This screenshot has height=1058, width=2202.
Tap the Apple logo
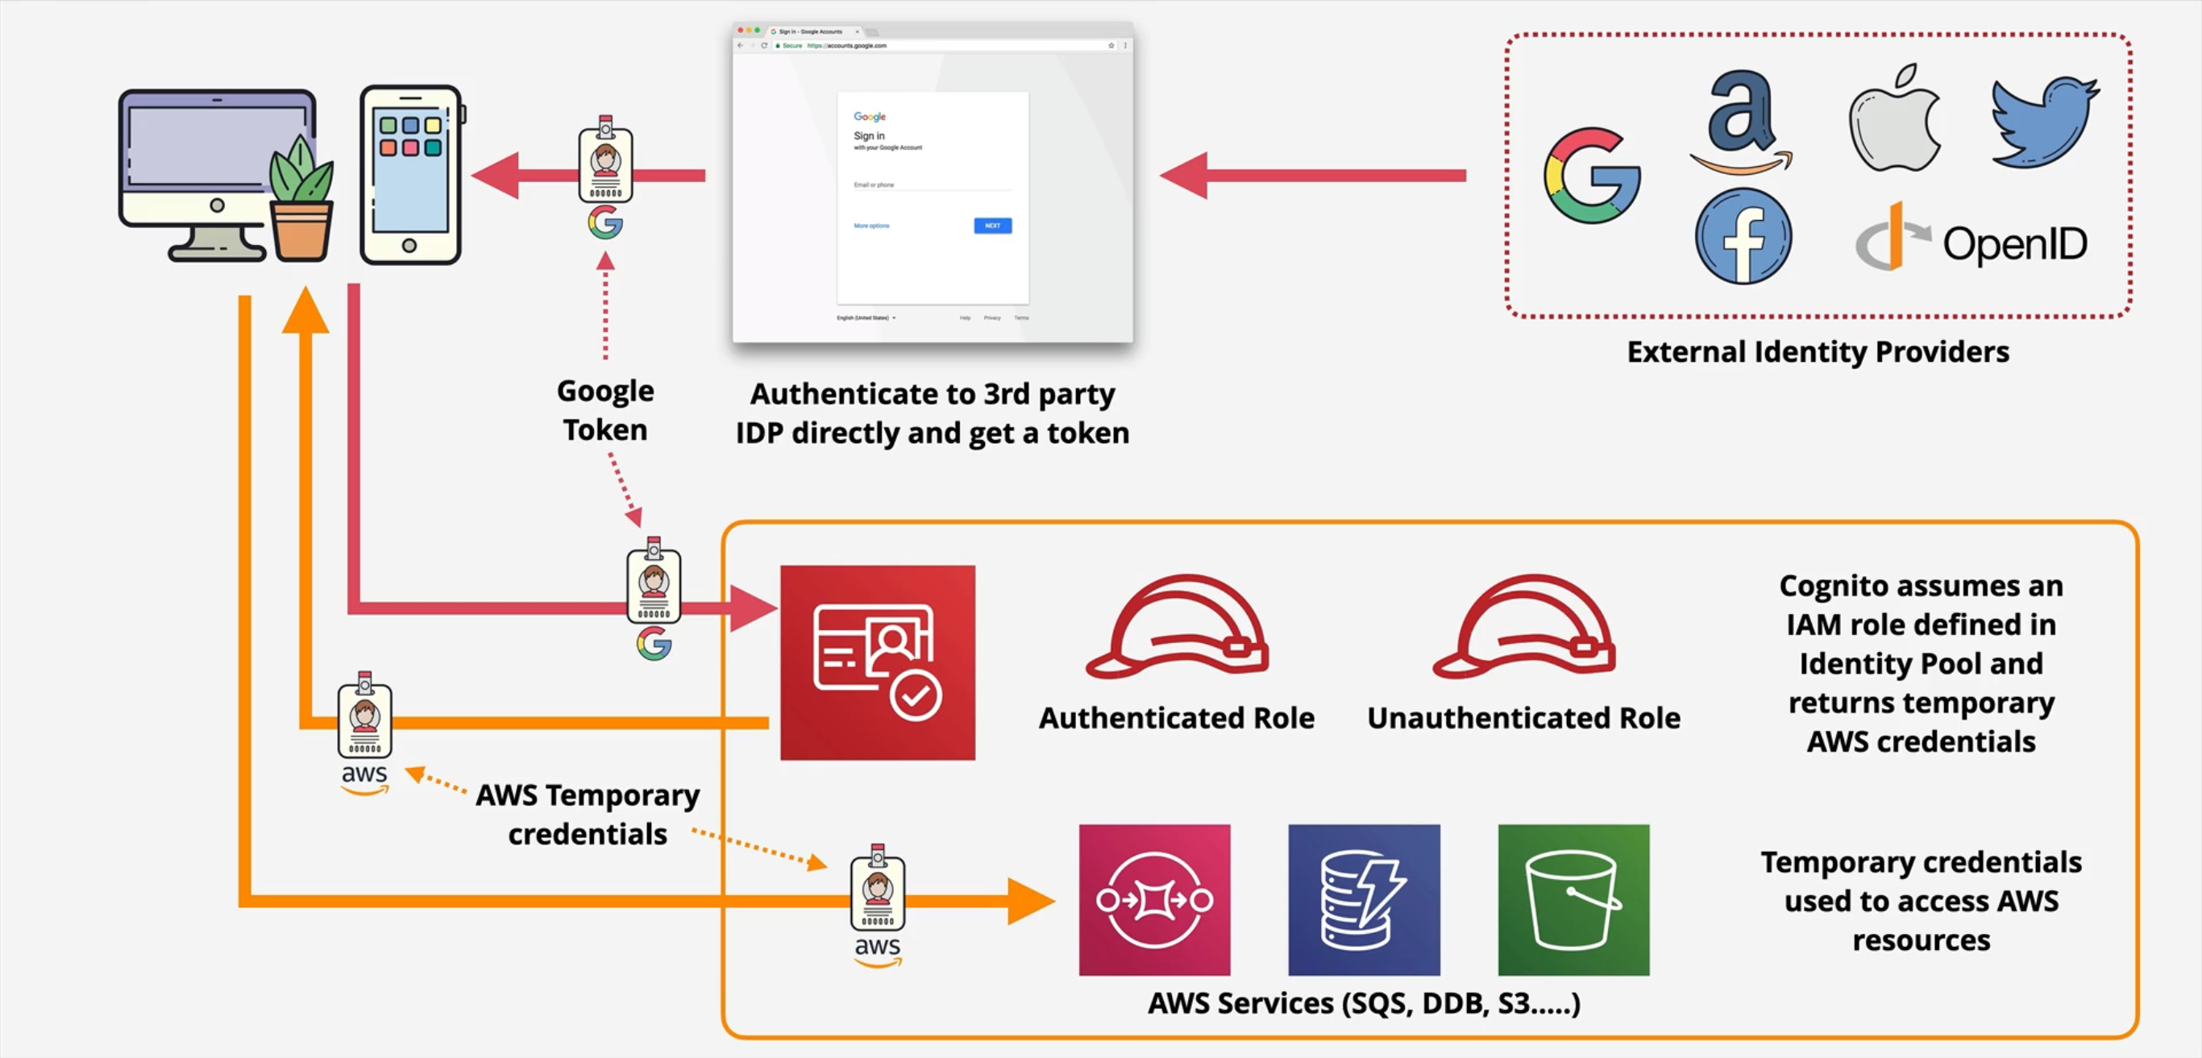click(1895, 119)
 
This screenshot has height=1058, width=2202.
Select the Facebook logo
click(1743, 237)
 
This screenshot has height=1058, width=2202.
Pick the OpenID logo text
click(2014, 244)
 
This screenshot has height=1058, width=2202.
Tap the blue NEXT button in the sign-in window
click(991, 226)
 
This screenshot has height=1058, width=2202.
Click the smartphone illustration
click(411, 175)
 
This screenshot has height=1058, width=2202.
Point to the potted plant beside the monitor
click(301, 201)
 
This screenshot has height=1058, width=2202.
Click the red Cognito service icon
click(877, 662)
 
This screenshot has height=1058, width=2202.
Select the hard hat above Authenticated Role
click(1177, 629)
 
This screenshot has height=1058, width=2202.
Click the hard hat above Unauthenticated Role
click(1524, 629)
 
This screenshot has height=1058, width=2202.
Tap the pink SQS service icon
click(1154, 899)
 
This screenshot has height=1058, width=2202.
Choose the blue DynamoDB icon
click(1364, 899)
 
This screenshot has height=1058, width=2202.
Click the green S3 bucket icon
click(1573, 899)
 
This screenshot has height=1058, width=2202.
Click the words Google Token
click(605, 410)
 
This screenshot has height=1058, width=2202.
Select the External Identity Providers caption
click(1818, 352)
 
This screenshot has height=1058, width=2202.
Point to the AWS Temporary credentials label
click(588, 815)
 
